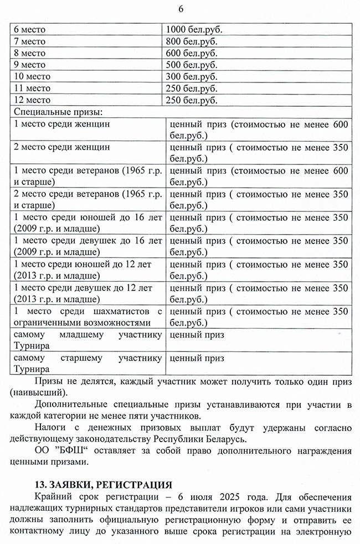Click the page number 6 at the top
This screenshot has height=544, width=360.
181,9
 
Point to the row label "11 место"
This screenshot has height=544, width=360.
32,89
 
